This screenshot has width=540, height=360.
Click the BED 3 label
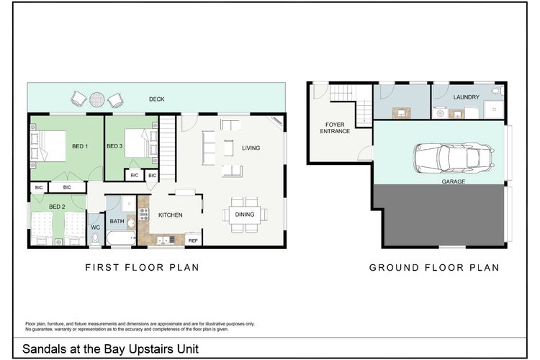(x=115, y=147)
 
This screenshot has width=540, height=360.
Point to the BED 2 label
(x=58, y=207)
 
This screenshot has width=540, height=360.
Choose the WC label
(x=95, y=228)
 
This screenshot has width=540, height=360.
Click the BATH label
(x=117, y=221)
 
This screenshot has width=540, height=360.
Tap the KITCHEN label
(x=170, y=215)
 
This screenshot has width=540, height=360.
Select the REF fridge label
(x=192, y=240)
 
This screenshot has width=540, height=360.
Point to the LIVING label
(x=251, y=148)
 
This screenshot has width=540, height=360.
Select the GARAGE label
(x=454, y=182)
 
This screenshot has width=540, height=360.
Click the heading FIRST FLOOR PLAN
(x=142, y=267)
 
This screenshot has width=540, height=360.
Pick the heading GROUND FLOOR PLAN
(x=434, y=267)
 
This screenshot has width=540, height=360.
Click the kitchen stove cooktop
(x=143, y=215)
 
